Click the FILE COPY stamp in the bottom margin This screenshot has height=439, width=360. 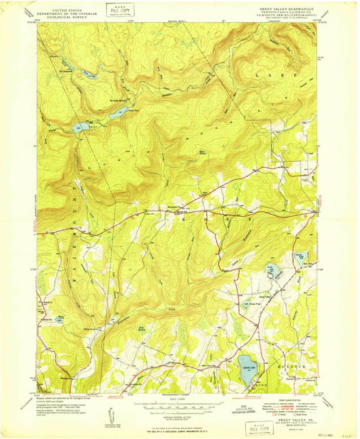click(259, 428)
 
